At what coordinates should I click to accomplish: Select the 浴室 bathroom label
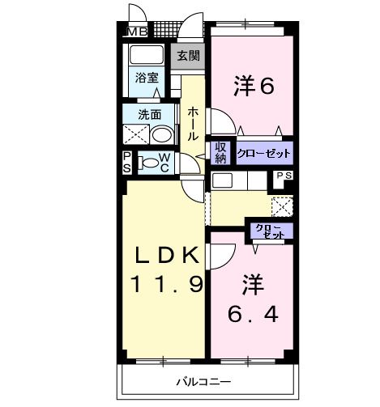point(147,79)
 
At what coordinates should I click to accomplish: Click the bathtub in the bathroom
point(146,57)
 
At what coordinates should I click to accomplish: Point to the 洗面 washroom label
point(147,115)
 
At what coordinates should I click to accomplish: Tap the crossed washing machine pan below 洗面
point(134,134)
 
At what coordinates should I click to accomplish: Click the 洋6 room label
point(252,83)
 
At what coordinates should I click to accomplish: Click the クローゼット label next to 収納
point(263,152)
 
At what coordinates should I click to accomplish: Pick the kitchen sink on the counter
point(223,179)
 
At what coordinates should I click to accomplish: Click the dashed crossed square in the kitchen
point(281,205)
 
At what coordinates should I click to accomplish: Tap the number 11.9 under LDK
point(165,285)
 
